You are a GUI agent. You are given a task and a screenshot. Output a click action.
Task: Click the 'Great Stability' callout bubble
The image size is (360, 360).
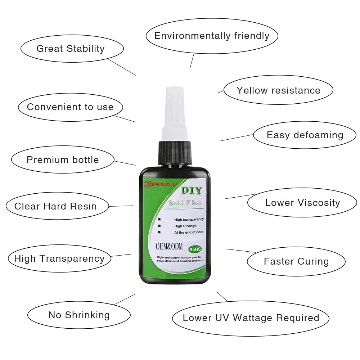coord(71,49)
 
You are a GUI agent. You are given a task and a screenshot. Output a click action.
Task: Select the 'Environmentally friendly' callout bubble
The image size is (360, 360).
coord(212,36)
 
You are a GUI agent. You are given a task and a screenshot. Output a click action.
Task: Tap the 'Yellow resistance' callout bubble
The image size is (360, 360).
coord(278,90)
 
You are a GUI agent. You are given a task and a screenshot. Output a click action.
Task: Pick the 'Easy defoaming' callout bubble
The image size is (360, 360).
coord(305,135)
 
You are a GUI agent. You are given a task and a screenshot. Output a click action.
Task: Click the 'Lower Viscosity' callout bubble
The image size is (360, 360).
coord(302,203)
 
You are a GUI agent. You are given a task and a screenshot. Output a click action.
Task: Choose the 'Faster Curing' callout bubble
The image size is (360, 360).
coord(296,261)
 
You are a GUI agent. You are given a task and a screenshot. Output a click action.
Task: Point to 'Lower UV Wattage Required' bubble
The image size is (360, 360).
coord(251,318)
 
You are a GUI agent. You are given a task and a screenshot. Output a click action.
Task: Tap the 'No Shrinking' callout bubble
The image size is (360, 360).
coord(79,315)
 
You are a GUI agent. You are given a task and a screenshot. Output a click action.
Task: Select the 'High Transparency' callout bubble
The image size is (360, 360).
coord(59,258)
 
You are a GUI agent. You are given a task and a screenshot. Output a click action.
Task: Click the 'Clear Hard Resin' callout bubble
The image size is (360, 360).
coord(56,206)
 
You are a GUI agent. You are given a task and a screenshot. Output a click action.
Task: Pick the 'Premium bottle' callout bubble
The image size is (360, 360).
coord(63,160)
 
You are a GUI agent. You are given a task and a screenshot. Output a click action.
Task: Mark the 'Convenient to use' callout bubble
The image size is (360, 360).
coord(70,107)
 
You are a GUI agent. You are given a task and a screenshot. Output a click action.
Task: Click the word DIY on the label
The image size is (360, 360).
coord(191,191)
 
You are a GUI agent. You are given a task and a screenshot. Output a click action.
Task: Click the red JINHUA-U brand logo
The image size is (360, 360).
coord(160,184)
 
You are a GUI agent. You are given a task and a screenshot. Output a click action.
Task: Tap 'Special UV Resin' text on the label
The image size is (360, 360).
coord(185,203)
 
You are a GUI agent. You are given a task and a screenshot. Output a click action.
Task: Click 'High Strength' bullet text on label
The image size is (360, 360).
coord(185,226)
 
